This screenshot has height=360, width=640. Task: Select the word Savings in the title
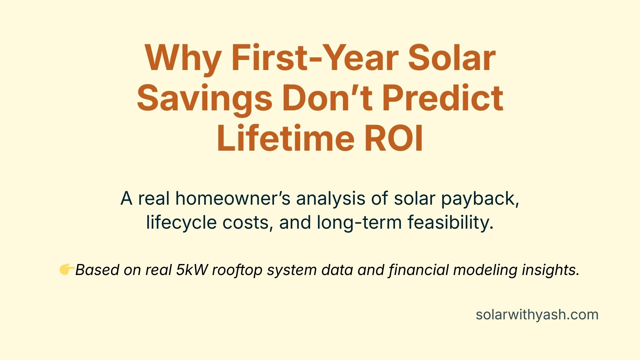[x=205, y=98]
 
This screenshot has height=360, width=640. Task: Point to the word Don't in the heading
[x=327, y=98]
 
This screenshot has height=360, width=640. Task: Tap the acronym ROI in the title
[x=394, y=138]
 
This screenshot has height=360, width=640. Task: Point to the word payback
[x=480, y=199]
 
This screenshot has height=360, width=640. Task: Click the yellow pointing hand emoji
[x=66, y=269]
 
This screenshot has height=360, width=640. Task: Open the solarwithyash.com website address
[x=537, y=315]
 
